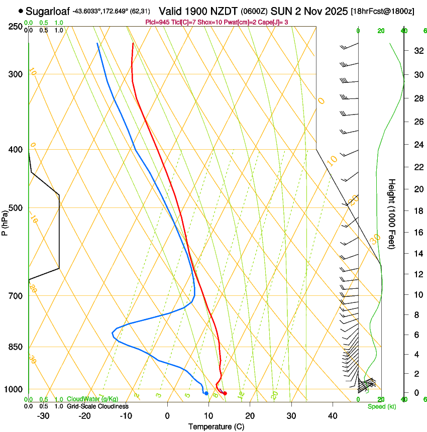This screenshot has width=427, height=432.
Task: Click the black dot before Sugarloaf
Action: tap(21, 11)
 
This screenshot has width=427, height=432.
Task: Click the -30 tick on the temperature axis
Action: tap(43, 416)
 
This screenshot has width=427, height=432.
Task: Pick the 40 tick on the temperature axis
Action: tap(333, 416)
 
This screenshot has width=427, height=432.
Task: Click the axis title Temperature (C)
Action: tap(216, 427)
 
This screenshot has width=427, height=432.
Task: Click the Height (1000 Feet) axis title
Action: tap(392, 213)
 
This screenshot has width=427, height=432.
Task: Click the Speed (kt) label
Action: tap(381, 406)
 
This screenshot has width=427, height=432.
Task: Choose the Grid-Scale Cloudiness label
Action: tap(97, 406)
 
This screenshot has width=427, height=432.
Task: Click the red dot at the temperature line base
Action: tap(225, 393)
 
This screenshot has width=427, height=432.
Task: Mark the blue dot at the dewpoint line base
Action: tap(206, 393)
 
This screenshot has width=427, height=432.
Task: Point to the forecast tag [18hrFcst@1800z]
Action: tap(382, 11)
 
